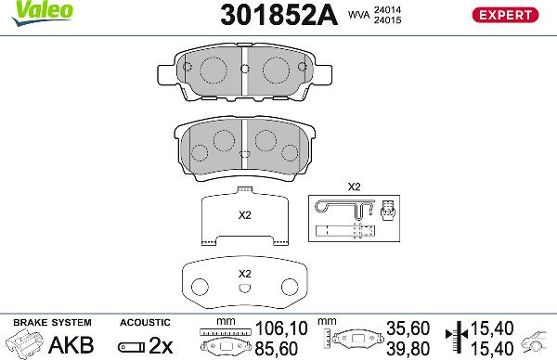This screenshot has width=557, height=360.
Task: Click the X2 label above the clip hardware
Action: click(x=353, y=186)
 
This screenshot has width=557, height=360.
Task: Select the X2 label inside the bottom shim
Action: click(x=245, y=274)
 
